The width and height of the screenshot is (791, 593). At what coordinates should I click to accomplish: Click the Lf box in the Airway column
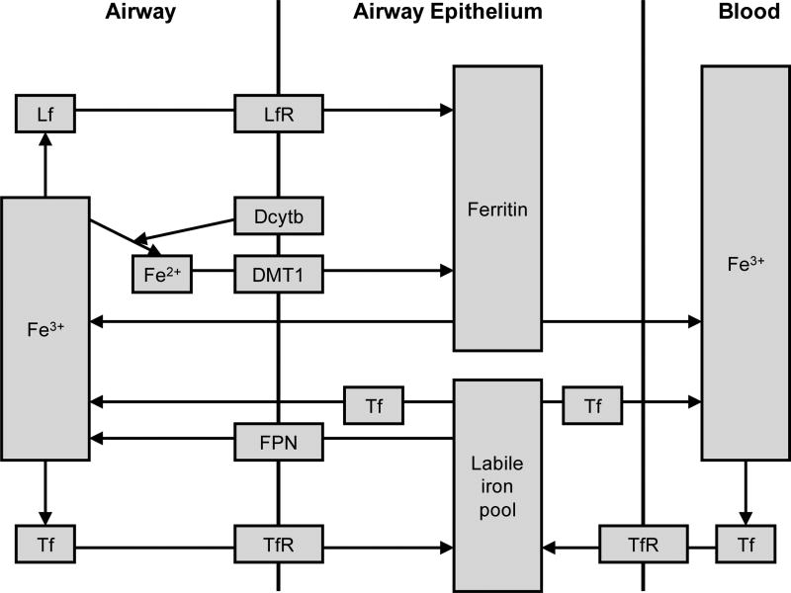[44, 114]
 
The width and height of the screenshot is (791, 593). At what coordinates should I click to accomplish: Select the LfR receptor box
[279, 114]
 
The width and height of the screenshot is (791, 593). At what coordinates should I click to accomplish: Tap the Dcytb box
[279, 215]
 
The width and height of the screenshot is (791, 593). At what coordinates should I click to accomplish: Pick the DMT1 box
[279, 274]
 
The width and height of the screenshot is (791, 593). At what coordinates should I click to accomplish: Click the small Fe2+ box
[162, 274]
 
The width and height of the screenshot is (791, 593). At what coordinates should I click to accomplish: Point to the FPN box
[279, 441]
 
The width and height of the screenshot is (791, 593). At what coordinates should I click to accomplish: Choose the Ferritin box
[497, 208]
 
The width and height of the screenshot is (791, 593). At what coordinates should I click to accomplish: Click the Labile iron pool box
[497, 484]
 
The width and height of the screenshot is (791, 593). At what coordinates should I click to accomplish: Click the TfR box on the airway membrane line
[279, 544]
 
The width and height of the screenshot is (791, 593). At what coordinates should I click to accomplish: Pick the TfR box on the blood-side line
[644, 544]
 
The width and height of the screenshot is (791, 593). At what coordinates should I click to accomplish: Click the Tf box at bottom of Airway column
[44, 544]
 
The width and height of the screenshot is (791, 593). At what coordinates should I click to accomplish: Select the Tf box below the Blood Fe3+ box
[745, 544]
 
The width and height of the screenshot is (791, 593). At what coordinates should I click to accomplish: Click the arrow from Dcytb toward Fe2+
[188, 229]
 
